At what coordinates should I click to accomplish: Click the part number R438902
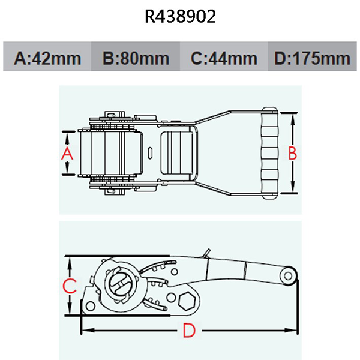coord(180,16)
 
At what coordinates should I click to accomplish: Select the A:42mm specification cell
coord(47,58)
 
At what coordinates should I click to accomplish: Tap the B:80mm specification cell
coord(136,58)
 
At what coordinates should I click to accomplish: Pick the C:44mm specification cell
coord(224,58)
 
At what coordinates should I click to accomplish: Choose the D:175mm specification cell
coord(311,58)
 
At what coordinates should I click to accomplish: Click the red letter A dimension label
coord(67,154)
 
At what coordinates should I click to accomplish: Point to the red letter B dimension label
coord(293,154)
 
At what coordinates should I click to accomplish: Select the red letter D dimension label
coord(188,330)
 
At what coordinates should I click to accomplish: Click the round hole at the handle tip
coord(288,275)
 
